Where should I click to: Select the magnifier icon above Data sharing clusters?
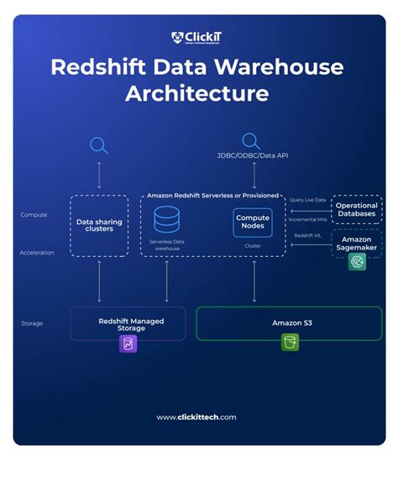[99, 145]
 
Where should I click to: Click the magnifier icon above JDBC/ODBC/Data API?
[251, 140]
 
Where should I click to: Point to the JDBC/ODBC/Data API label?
[251, 157]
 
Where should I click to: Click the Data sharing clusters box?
[99, 224]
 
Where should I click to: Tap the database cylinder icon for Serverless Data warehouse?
[166, 221]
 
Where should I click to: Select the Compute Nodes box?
[253, 222]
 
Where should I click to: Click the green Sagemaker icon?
[357, 262]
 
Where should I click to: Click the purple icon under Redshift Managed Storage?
[128, 342]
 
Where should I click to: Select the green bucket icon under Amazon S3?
[290, 342]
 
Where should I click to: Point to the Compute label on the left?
[34, 216]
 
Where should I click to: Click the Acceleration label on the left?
[37, 252]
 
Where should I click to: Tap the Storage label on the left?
[33, 322]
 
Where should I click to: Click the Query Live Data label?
[307, 200]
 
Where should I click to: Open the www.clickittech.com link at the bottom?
[196, 417]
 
